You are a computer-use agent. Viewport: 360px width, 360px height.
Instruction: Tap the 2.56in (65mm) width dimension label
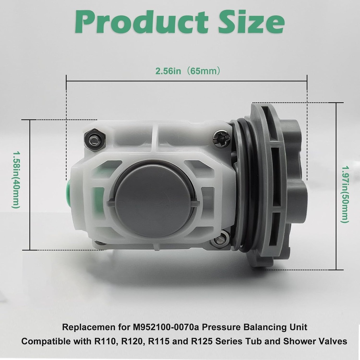(188, 71)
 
